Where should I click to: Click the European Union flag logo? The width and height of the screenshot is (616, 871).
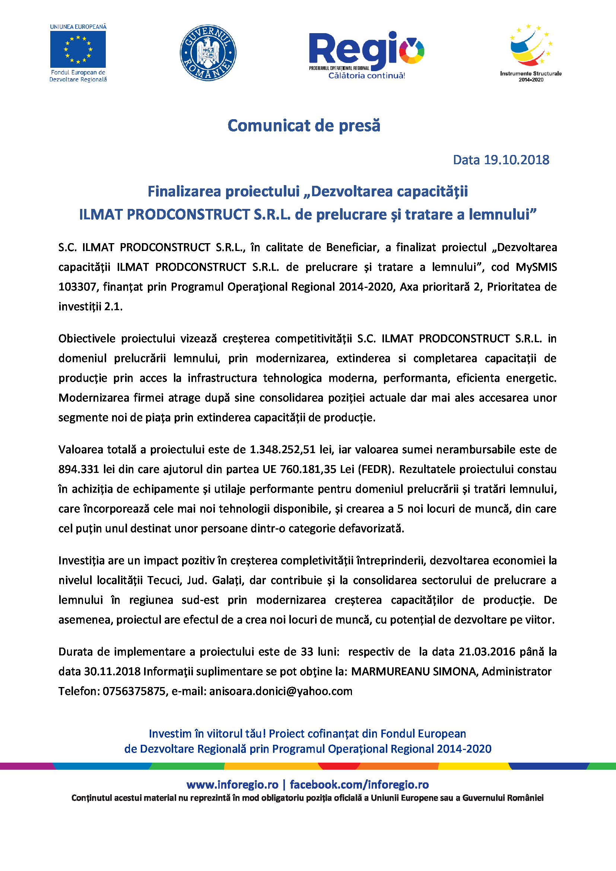(x=78, y=49)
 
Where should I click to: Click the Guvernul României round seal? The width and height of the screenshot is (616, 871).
(x=208, y=53)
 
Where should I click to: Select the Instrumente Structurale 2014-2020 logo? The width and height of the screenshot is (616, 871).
(x=530, y=53)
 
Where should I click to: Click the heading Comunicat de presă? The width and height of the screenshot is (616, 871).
(x=304, y=125)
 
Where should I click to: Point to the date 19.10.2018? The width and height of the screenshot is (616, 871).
(x=516, y=160)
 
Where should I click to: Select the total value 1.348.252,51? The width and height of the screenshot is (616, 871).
(x=282, y=449)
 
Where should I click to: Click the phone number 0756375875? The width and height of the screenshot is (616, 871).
(x=134, y=691)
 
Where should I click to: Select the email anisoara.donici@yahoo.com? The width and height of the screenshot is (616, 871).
(x=281, y=691)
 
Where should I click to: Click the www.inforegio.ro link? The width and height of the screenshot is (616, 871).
(x=232, y=785)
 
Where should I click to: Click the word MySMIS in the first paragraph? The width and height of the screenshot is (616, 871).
(x=536, y=267)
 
